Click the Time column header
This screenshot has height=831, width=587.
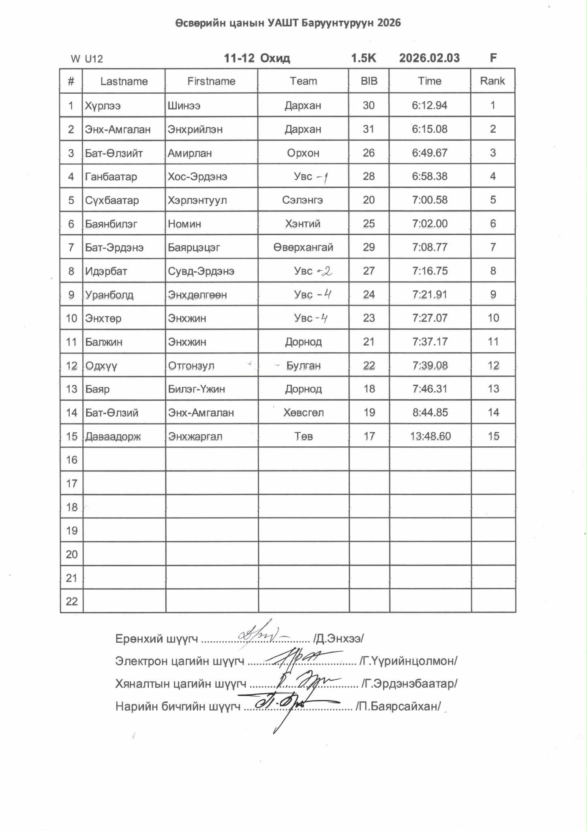pos(429,81)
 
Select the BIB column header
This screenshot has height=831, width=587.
pos(369,81)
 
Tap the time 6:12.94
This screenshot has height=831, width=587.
pos(429,105)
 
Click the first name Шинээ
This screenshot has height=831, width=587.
pos(184,106)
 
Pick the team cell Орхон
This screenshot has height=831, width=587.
pos(303,153)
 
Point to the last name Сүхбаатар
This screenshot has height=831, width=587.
pos(112,200)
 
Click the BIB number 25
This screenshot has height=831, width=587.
pos(368,224)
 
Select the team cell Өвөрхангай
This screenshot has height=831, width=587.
pos(303,247)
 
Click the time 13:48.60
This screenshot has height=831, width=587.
pos(430,436)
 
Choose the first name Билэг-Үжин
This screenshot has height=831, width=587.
pos(196,389)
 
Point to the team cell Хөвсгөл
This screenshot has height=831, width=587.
pos(303,413)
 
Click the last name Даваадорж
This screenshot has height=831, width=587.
pos(113,437)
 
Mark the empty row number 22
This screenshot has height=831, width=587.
pos(71,601)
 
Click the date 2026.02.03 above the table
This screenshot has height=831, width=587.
pos(429,58)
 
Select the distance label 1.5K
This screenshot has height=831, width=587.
pos(363,58)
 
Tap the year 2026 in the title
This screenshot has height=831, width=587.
pos(389,23)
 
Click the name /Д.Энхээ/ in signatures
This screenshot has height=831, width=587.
pos(338,639)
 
